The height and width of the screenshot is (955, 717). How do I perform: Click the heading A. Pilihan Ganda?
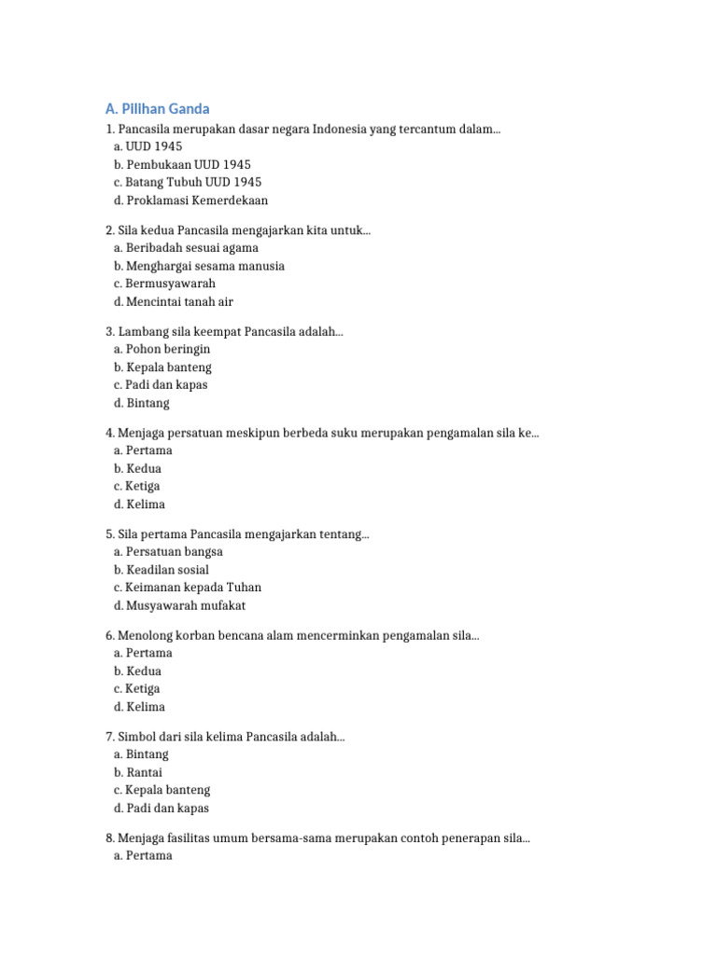(x=157, y=109)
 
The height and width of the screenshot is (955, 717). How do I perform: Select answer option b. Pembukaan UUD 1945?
(x=182, y=164)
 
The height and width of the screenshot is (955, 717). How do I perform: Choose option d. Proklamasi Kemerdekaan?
(x=190, y=200)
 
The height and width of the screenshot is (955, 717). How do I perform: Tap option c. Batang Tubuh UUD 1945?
(x=188, y=182)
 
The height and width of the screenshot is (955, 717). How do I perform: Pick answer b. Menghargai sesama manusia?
(x=199, y=266)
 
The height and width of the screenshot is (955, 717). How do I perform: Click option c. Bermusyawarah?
(x=164, y=284)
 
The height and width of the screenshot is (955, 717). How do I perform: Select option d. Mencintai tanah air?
(x=174, y=301)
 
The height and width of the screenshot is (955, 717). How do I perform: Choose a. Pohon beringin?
(x=162, y=349)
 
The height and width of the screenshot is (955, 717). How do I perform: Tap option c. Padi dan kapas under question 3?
(x=161, y=384)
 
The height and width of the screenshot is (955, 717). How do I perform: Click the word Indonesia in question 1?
(x=339, y=129)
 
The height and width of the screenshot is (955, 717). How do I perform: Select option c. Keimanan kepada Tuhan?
(x=188, y=588)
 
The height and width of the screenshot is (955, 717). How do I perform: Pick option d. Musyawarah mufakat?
(x=180, y=605)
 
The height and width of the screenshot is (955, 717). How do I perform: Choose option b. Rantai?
(x=138, y=772)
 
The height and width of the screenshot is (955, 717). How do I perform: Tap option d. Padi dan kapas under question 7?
(x=162, y=808)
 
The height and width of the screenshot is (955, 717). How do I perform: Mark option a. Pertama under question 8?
(x=143, y=855)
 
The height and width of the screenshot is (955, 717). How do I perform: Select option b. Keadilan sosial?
(x=162, y=570)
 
